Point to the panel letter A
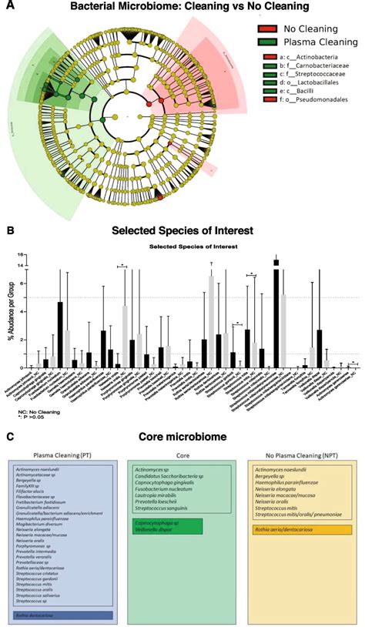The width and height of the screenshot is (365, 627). click(8, 6)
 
